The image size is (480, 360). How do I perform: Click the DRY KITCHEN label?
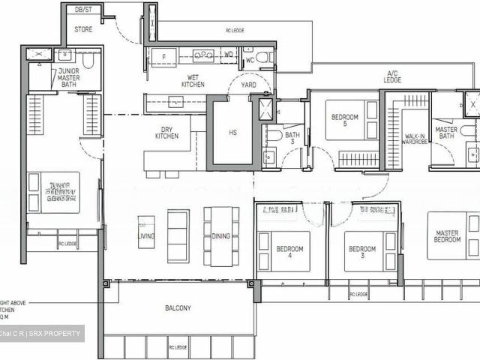(x=167, y=132)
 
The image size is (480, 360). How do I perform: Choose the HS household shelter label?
(x=232, y=133)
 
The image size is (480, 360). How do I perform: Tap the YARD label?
(x=248, y=85)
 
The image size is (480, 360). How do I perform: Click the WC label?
(x=250, y=59)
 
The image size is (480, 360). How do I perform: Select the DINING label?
(x=220, y=236)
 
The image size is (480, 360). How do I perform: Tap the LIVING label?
(x=146, y=236)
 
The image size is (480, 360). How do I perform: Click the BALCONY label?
(x=178, y=308)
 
